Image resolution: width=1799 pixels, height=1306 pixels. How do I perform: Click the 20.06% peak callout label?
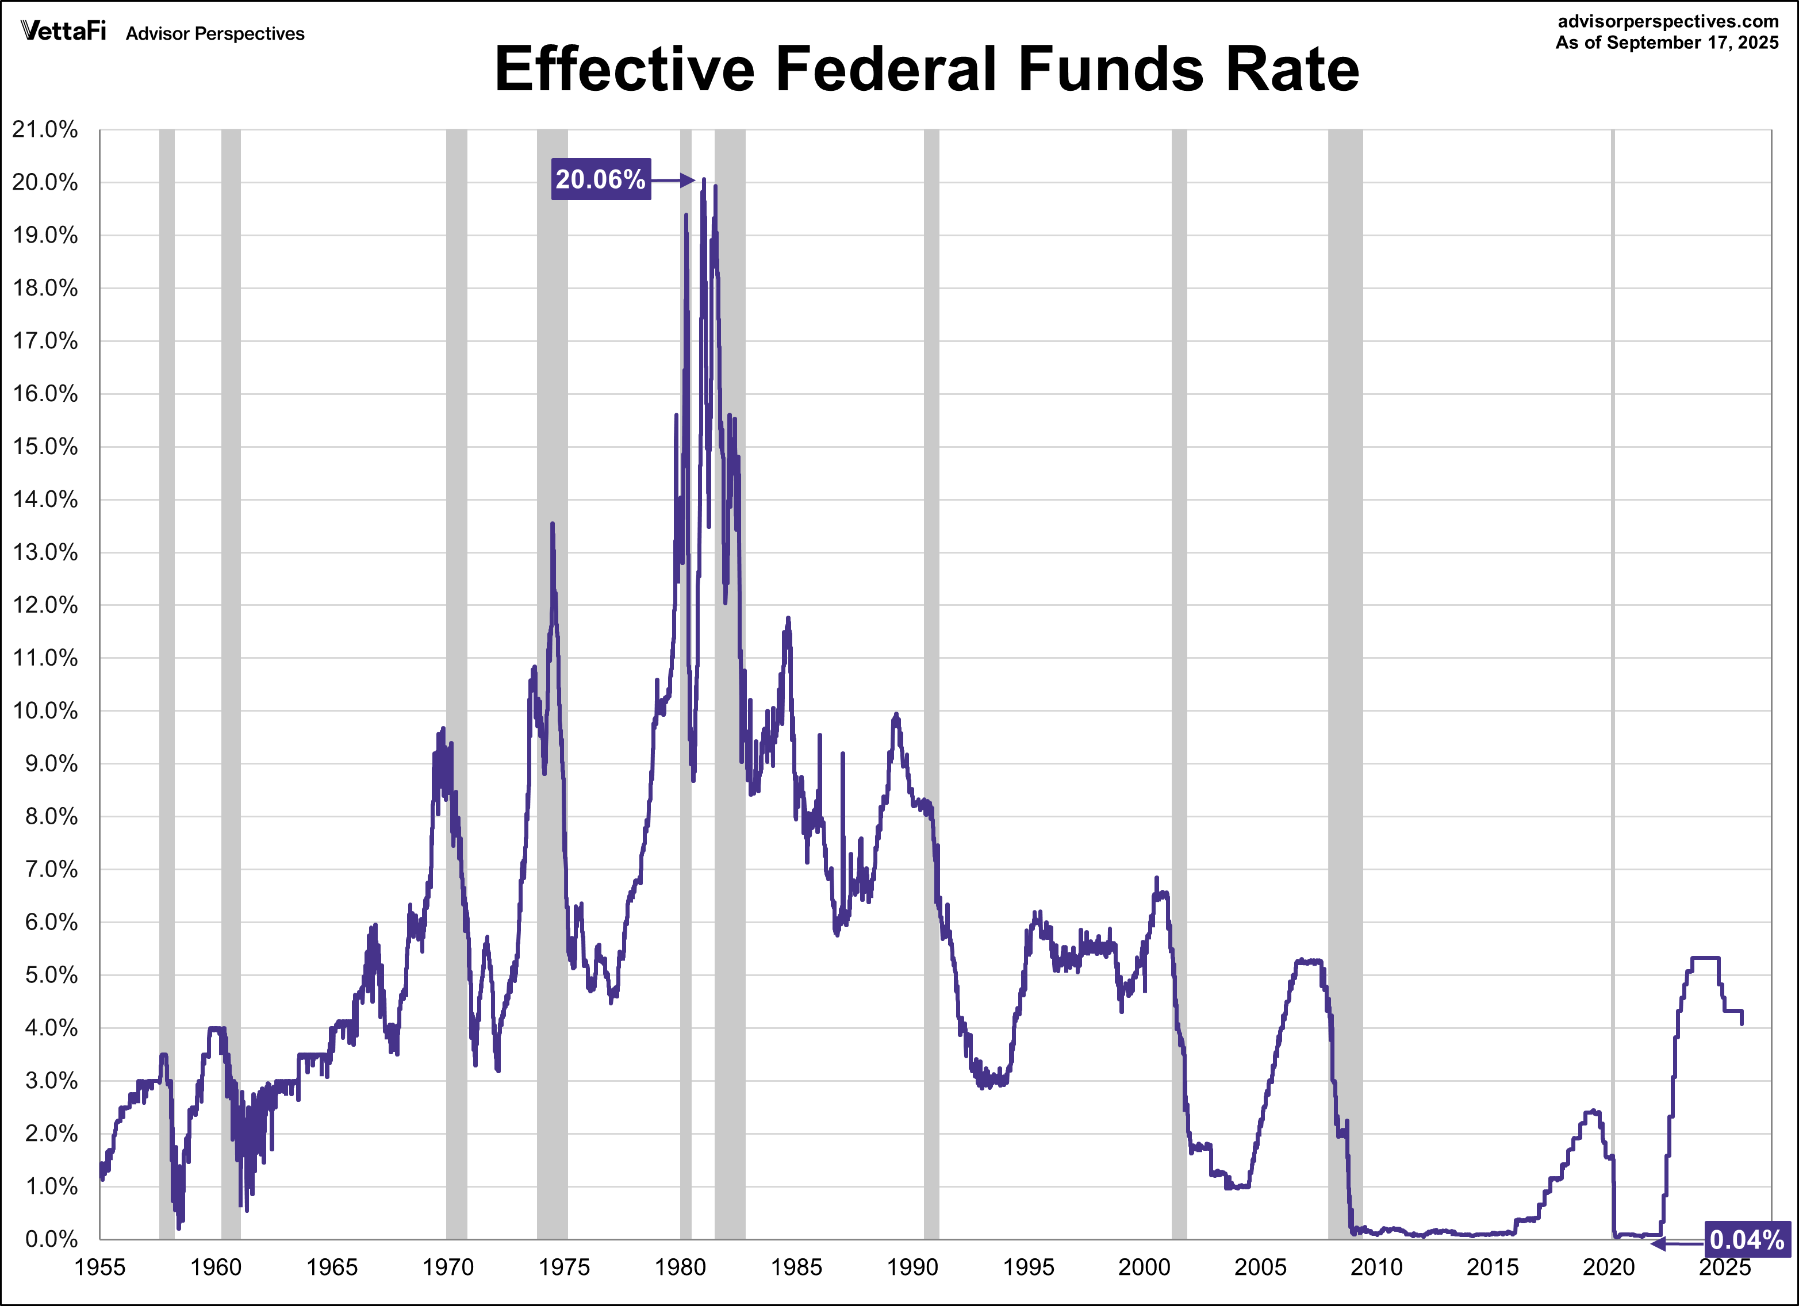[600, 179]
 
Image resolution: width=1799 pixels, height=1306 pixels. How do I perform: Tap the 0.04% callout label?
[1747, 1239]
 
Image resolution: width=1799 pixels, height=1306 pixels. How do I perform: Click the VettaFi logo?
[63, 32]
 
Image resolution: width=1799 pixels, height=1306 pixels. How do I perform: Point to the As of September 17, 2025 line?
[1667, 43]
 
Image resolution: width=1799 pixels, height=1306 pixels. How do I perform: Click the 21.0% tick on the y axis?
[45, 129]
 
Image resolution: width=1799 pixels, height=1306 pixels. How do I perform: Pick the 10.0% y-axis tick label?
[45, 710]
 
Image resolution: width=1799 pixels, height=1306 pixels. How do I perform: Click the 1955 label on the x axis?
[100, 1267]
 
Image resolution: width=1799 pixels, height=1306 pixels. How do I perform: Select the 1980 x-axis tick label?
[680, 1267]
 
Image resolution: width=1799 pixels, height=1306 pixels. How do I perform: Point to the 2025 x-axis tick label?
[1724, 1267]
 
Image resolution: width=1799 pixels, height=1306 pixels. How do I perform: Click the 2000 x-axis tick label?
[1144, 1267]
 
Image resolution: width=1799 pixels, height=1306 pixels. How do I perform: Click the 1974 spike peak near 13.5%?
[552, 524]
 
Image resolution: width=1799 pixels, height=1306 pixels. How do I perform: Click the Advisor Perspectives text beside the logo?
[215, 33]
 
